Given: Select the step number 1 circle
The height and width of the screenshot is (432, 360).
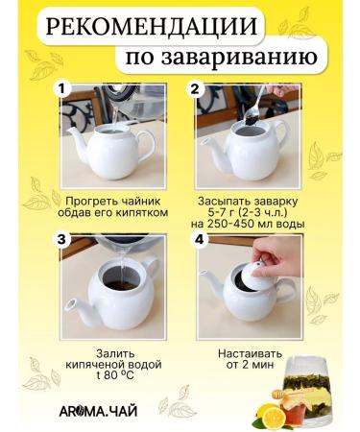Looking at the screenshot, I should [62, 90].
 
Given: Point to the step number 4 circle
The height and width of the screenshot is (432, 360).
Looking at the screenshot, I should [199, 241].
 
